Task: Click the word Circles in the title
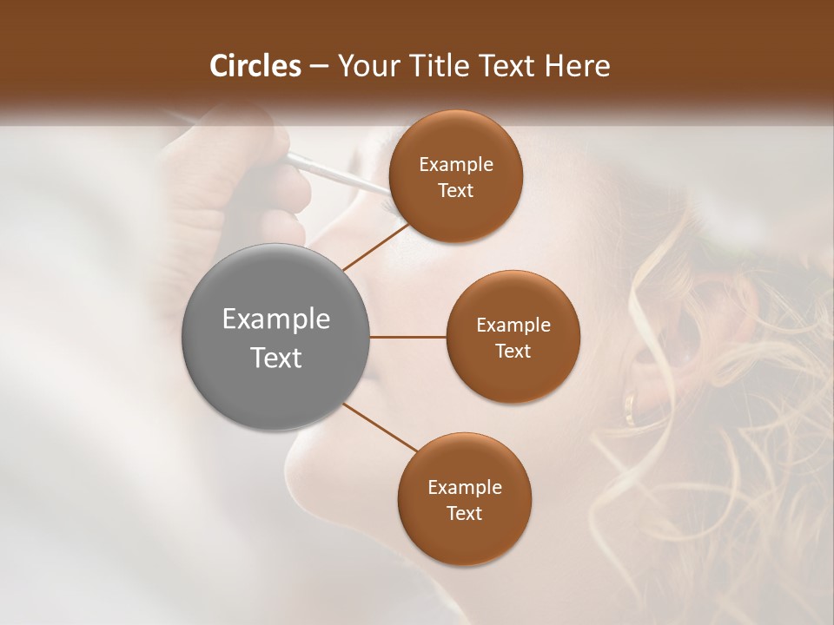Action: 255,66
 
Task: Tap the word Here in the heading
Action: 577,66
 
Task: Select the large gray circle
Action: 275,337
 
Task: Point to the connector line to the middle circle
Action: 407,337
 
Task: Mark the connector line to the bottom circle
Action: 380,428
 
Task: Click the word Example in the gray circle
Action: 275,319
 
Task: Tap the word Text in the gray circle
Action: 275,358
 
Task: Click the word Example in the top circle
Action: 455,165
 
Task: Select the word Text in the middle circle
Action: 513,351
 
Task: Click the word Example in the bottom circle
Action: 464,488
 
